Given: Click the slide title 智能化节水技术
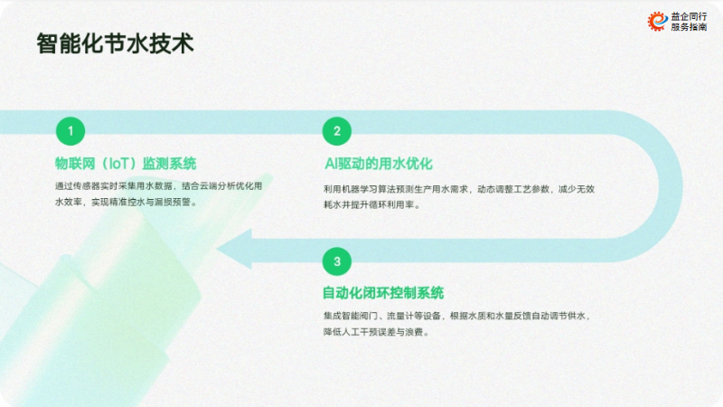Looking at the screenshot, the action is point(116,43).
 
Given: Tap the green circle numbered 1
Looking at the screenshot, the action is point(70,131).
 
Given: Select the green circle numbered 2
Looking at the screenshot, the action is point(337,131).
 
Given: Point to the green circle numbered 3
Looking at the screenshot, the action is point(337,261).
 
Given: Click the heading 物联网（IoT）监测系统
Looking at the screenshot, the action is point(126,164).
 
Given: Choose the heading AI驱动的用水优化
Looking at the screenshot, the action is point(379,164).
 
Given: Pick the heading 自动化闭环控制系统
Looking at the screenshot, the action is point(382,292).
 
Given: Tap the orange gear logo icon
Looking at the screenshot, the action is point(658,21).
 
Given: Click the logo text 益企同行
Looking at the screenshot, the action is point(689,16).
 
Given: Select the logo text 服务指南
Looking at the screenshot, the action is point(689,27).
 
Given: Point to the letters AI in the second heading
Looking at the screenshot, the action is point(331,164).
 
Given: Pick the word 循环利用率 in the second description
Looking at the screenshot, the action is point(391,205).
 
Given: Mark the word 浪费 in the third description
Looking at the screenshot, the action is point(414,332).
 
